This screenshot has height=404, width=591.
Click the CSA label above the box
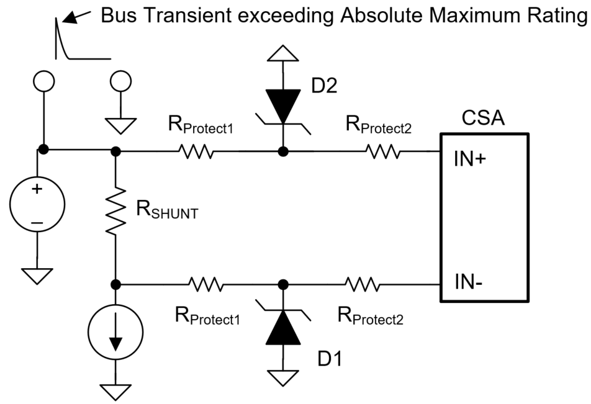coord(484,118)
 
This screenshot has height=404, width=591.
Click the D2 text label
coord(324,86)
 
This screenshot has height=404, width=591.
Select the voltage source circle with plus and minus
coord(37,199)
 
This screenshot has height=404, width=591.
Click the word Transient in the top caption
coord(174,16)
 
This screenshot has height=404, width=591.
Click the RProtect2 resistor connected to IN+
coord(382,151)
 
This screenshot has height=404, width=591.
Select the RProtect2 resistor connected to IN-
coord(363,284)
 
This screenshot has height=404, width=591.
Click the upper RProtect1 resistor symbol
coord(196,151)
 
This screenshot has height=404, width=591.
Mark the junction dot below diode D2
coord(283,151)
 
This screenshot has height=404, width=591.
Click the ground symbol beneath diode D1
coord(283,375)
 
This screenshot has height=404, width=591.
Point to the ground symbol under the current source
coord(115,389)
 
